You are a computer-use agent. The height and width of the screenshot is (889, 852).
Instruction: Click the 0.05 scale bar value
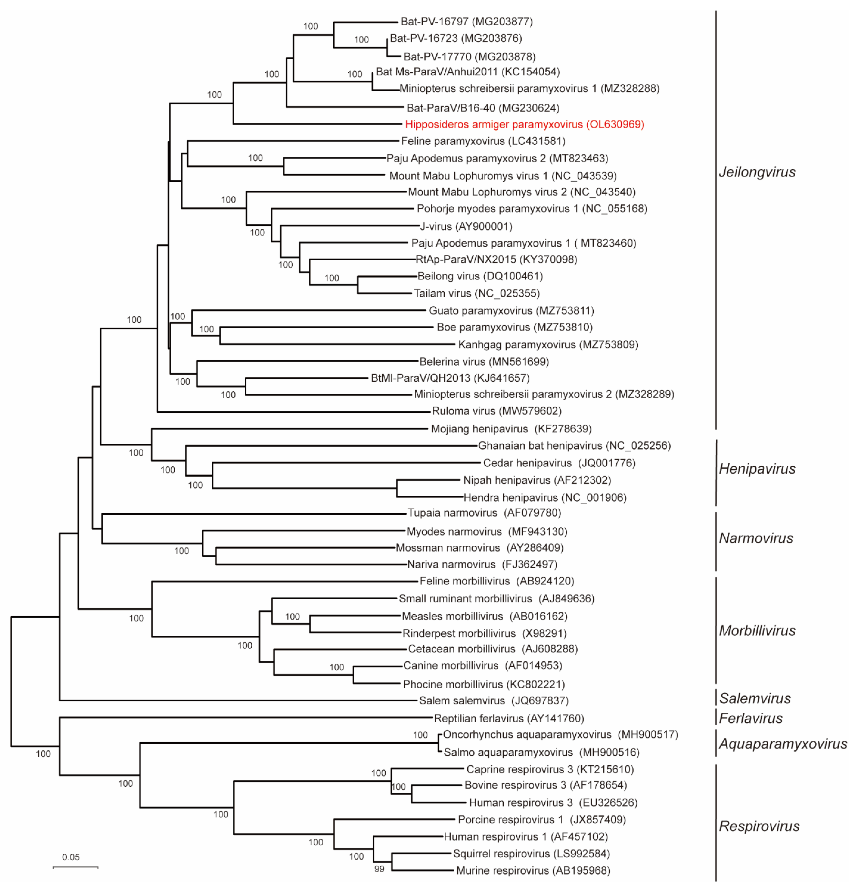[x=71, y=857]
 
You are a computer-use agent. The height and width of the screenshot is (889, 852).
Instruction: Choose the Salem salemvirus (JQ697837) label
[x=493, y=700]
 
